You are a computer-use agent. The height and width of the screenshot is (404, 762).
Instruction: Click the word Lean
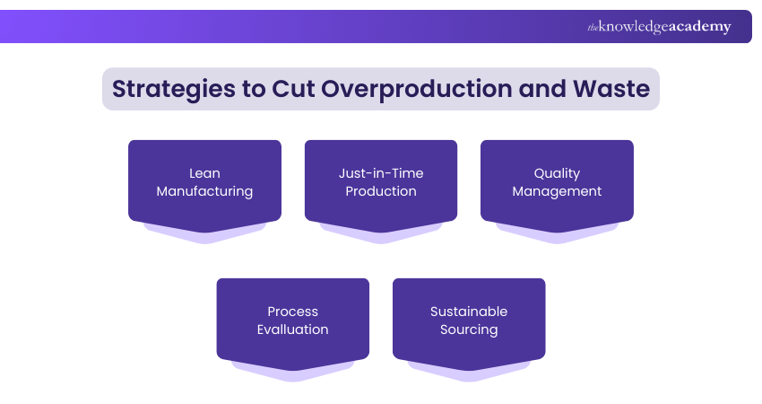(204, 173)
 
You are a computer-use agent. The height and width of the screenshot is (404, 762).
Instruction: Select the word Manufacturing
(204, 191)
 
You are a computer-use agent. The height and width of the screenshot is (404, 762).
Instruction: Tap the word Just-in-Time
(381, 173)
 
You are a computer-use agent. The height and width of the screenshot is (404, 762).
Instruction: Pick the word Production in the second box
(381, 191)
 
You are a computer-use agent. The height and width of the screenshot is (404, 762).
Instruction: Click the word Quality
(557, 173)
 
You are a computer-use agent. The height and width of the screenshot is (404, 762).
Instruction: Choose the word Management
(557, 191)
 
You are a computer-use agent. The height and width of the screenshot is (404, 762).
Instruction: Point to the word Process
(293, 312)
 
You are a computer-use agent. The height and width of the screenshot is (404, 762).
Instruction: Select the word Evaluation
(293, 329)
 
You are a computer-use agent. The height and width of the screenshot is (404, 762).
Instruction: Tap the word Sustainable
(469, 312)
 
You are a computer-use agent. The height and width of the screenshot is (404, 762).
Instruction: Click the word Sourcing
(469, 329)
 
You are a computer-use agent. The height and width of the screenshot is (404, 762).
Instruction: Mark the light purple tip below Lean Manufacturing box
(204, 237)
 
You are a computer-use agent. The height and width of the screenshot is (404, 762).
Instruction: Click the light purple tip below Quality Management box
(557, 237)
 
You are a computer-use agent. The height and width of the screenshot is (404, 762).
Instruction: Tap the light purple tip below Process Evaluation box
(293, 375)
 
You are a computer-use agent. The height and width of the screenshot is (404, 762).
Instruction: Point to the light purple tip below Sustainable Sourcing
(469, 375)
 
